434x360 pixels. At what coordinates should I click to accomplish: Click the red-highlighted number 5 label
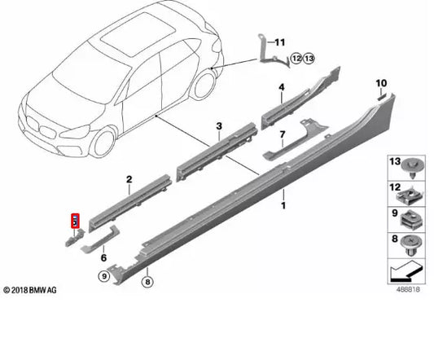point(74,220)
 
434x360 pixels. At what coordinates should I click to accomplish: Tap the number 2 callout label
point(129,178)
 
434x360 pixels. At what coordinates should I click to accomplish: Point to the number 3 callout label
point(219,125)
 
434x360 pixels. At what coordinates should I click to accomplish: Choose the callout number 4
point(281,86)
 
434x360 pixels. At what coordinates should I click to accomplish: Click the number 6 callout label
point(103,257)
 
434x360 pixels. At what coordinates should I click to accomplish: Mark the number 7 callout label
point(282,134)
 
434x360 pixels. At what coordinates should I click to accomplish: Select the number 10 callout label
point(380,84)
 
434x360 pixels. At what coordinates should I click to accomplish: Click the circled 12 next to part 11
point(296,58)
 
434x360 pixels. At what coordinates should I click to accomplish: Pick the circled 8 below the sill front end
point(147,282)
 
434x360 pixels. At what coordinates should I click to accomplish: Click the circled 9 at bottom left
point(103,277)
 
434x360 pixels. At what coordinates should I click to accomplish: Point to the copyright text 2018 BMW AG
point(31,291)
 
